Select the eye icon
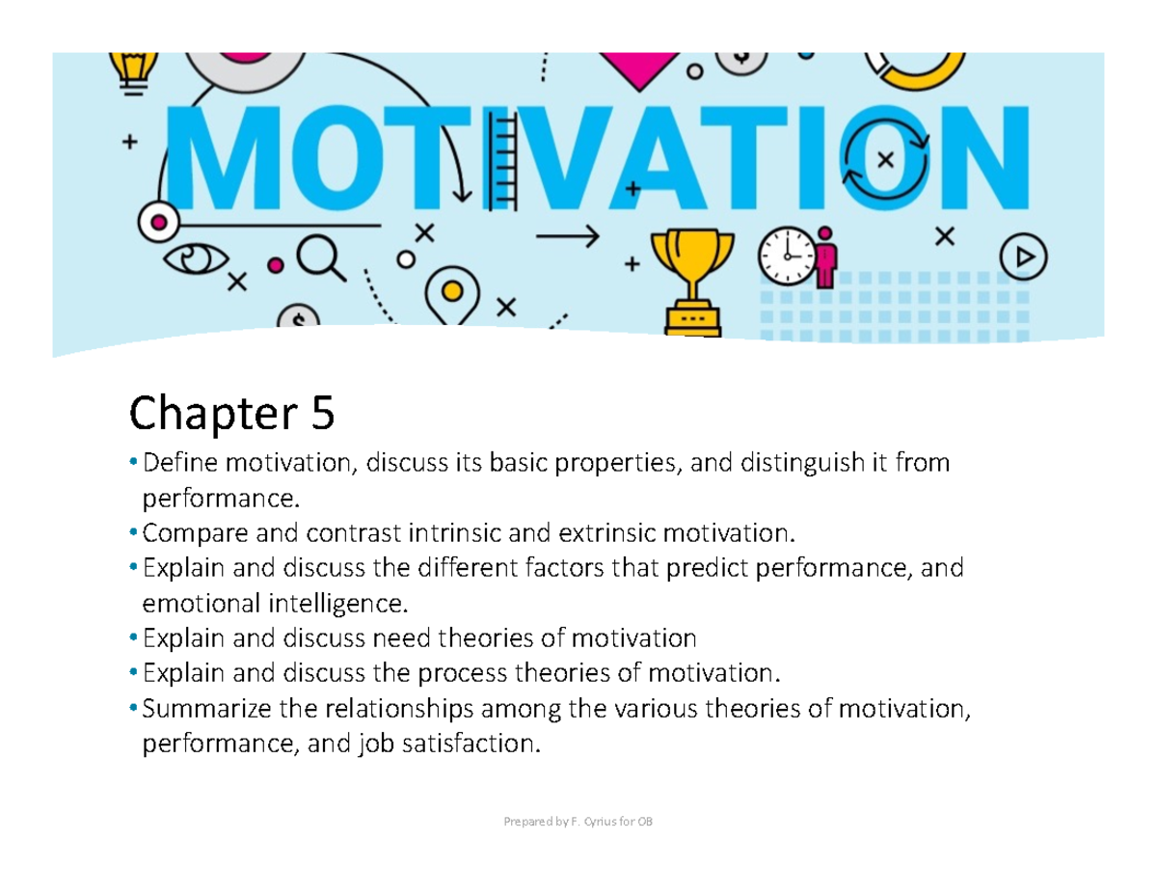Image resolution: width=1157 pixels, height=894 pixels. (x=197, y=259)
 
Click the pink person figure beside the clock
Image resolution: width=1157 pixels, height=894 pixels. (x=826, y=256)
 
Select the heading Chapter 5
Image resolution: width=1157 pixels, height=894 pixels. (x=231, y=415)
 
